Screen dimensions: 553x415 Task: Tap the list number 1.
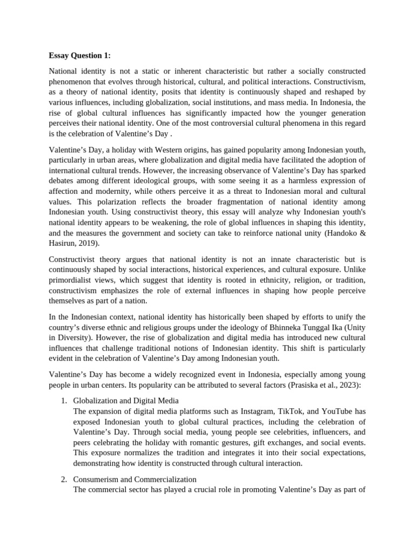tap(63, 401)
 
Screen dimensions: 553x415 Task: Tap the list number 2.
tap(63, 479)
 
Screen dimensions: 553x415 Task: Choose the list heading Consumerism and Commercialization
tap(135, 479)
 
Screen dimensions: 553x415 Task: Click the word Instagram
tap(259, 411)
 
